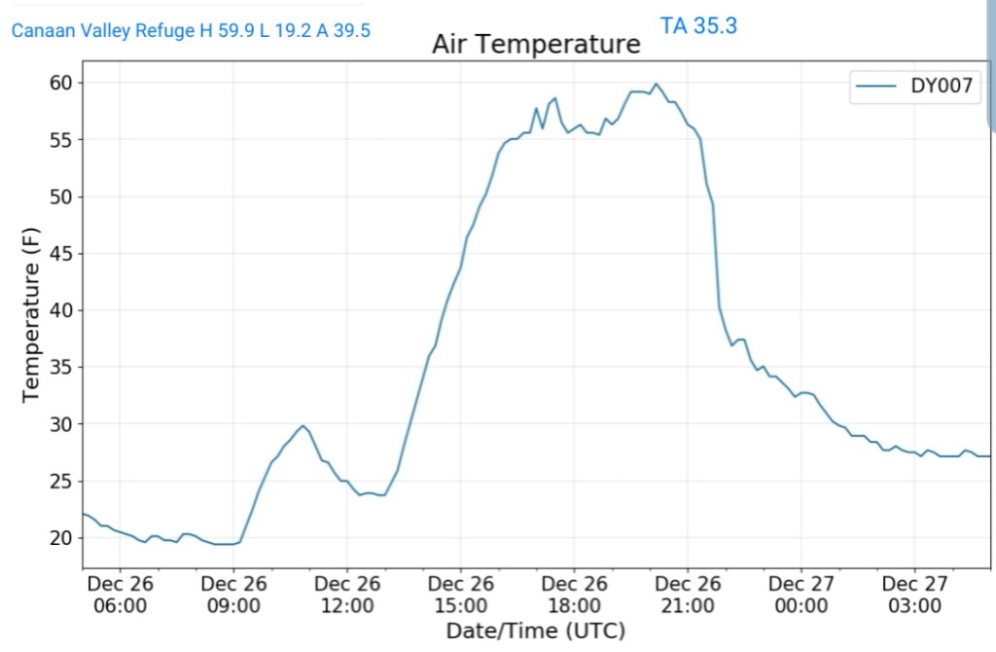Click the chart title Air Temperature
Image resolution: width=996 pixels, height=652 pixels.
point(536,45)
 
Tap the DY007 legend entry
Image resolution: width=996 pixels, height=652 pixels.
point(912,87)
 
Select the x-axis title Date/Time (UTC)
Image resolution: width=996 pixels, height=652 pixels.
point(535,631)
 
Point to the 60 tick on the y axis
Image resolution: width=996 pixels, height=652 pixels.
point(60,84)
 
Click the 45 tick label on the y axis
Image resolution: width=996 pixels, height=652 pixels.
point(60,254)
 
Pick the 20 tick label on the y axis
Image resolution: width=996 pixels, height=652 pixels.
point(60,538)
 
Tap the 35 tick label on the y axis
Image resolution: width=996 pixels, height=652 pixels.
point(60,368)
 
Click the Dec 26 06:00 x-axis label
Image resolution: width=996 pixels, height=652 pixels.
point(120,595)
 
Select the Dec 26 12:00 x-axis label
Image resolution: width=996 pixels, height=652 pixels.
point(347,595)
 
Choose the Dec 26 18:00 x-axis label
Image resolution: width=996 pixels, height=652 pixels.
point(574,595)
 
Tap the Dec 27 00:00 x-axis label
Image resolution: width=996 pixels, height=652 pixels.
point(800,595)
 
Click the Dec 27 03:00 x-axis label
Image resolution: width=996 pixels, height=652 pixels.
point(914,595)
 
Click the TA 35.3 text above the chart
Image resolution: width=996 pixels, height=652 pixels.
point(698,26)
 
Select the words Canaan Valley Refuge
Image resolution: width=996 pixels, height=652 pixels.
point(103,31)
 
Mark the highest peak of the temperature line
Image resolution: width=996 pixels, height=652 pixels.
point(656,84)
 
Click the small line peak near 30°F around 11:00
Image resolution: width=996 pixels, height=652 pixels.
point(303,426)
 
